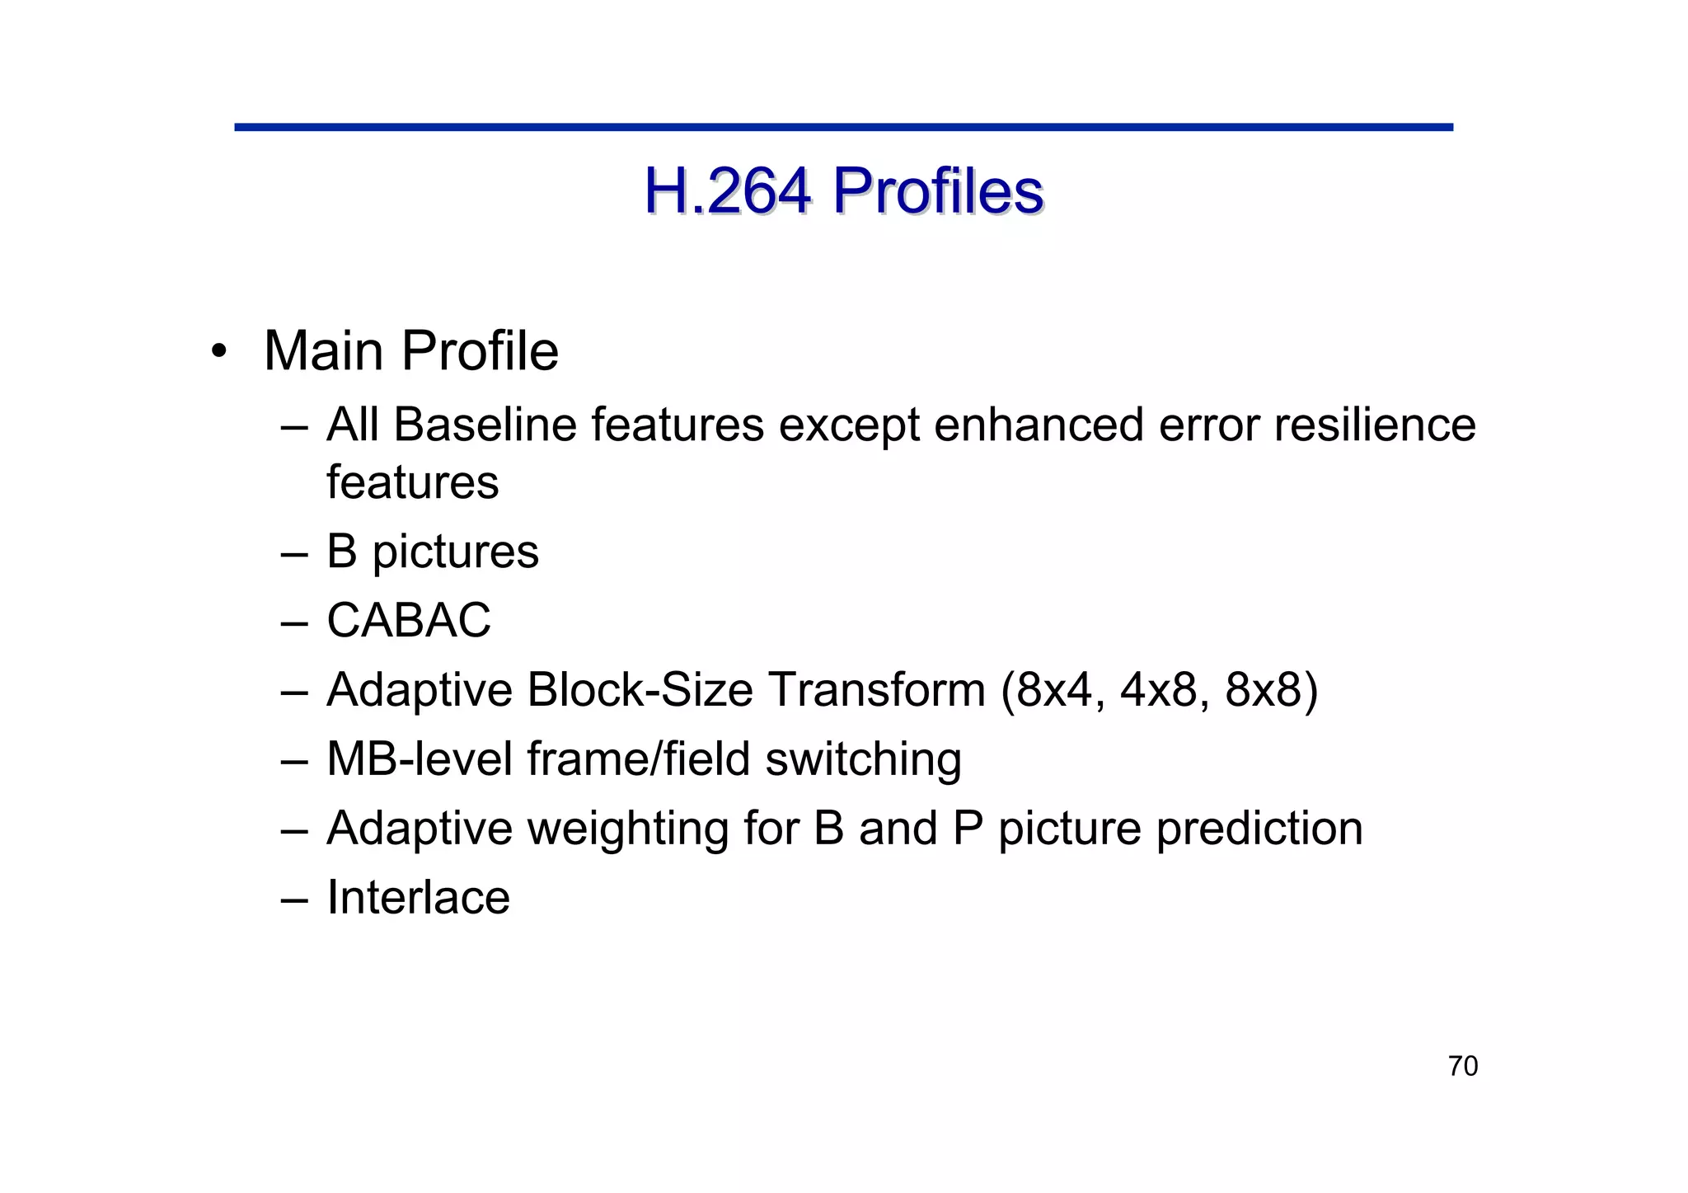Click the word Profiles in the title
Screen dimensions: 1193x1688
937,191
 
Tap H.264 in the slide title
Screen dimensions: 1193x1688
727,191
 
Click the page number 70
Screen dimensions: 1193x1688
1463,1066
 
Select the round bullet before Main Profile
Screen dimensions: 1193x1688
218,352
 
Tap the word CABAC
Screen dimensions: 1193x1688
409,620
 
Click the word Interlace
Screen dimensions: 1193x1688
418,897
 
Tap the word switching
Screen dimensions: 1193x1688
863,760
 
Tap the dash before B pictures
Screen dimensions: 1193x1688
293,552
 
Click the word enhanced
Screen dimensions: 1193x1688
1039,425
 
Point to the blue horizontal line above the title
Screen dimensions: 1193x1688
843,127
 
